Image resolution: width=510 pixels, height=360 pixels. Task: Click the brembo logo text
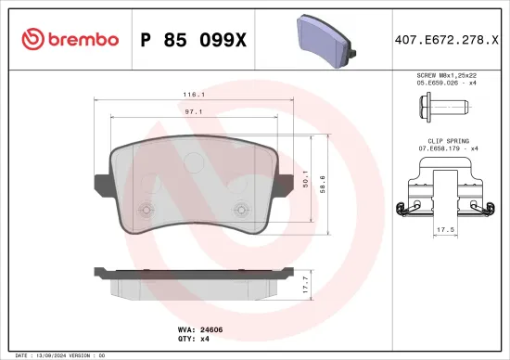point(76,39)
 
